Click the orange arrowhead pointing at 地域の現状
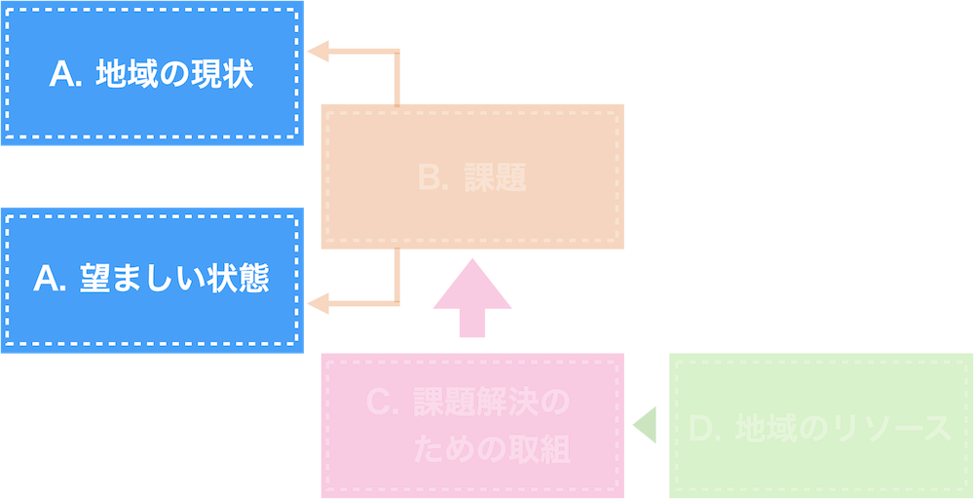(318, 53)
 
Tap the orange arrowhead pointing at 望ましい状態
(318, 305)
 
